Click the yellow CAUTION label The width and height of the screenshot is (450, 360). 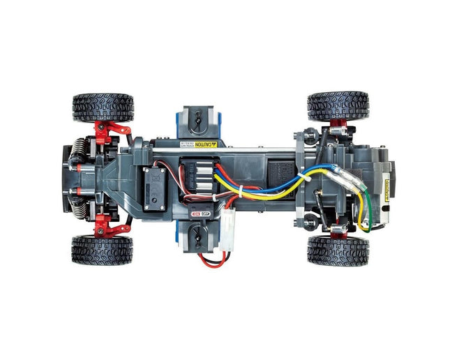pyautogui.click(x=205, y=144)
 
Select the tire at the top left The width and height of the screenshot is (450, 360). pyautogui.click(x=103, y=107)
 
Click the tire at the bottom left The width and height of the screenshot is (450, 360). pyautogui.click(x=102, y=249)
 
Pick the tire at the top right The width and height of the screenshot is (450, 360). pyautogui.click(x=338, y=105)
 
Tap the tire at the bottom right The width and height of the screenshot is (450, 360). pyautogui.click(x=338, y=250)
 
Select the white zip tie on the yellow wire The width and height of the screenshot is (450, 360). pyautogui.click(x=239, y=189)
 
